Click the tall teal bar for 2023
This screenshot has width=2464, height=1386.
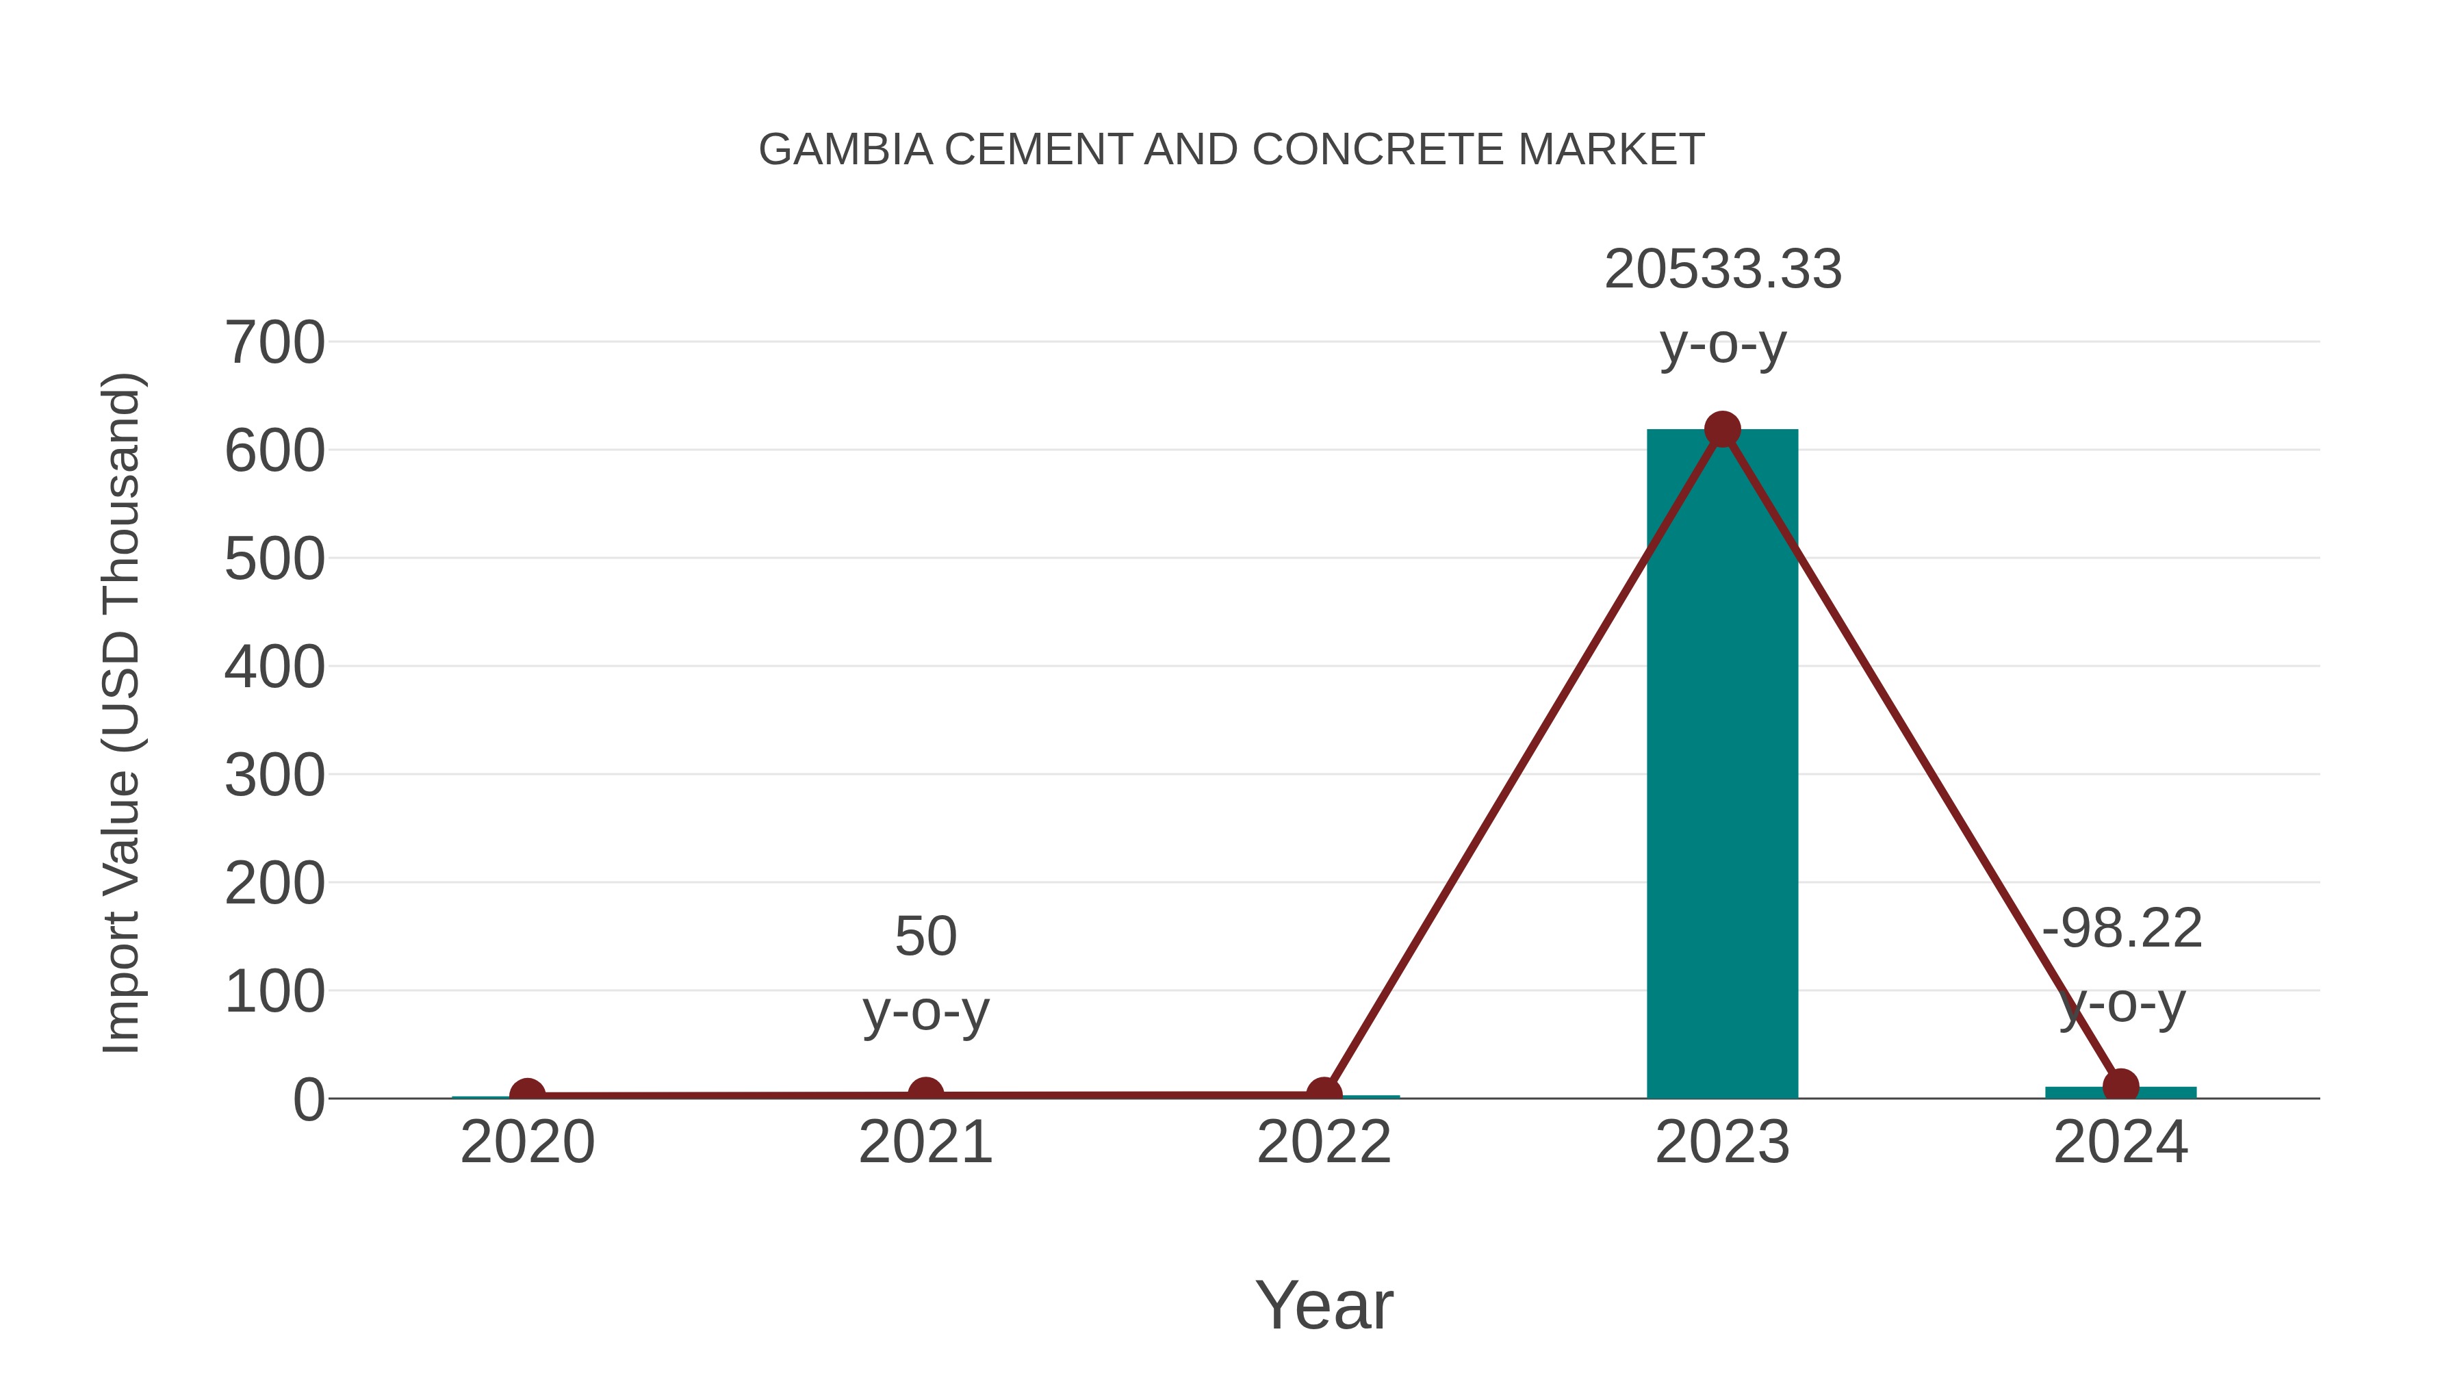[x=1722, y=765]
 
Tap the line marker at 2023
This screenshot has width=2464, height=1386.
[x=1722, y=429]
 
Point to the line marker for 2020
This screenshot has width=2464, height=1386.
[x=527, y=1094]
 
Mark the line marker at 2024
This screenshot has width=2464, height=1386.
[x=2120, y=1086]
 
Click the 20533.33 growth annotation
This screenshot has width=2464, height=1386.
[x=1723, y=269]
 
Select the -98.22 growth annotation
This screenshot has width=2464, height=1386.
[x=2122, y=928]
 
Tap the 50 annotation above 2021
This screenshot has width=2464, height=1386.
[x=925, y=936]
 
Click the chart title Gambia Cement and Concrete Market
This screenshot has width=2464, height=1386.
[x=1231, y=149]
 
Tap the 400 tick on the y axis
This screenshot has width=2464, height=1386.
[x=274, y=667]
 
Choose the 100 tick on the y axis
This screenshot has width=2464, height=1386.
[x=274, y=991]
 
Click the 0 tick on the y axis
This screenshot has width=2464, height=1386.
[x=308, y=1099]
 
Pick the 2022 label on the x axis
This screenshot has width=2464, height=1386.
[x=1324, y=1142]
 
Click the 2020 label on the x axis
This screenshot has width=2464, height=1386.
[x=527, y=1142]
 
